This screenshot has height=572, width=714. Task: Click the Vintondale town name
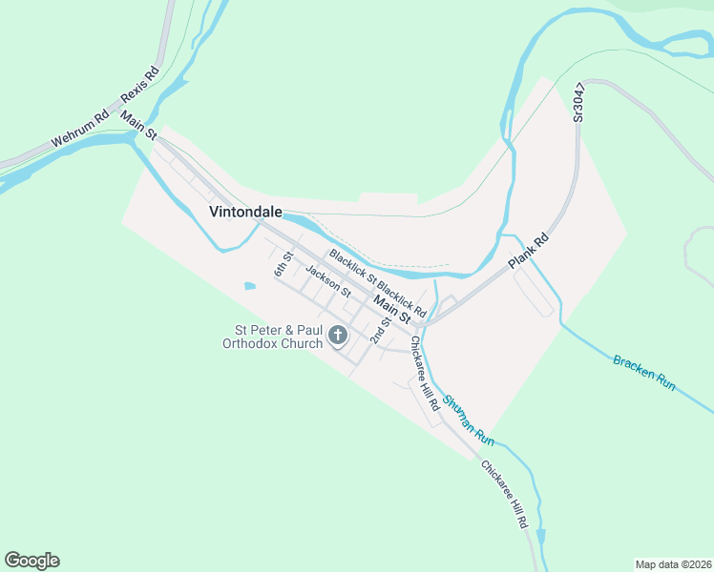[x=245, y=213]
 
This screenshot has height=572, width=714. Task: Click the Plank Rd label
[x=530, y=250]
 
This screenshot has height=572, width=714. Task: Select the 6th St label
[x=283, y=263]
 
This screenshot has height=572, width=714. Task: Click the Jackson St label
[x=328, y=279]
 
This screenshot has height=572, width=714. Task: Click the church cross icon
[x=337, y=335]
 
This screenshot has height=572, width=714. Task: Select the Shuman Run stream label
[x=468, y=419]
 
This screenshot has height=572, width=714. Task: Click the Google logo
[x=31, y=560]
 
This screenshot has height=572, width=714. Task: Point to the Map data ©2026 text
[x=672, y=563]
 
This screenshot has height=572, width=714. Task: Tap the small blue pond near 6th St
[x=250, y=285]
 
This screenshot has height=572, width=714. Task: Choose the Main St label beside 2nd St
[x=392, y=307]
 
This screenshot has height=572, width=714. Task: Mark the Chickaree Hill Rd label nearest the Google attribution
[x=504, y=495]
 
